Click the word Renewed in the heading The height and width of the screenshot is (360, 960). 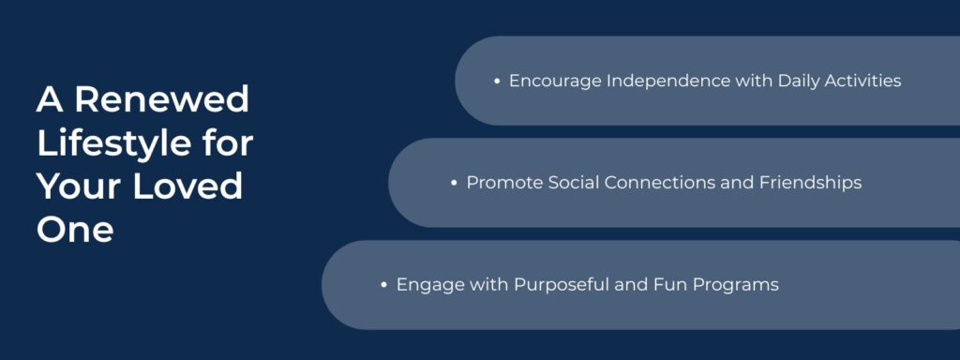[x=162, y=98]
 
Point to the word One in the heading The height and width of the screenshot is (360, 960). [x=75, y=229]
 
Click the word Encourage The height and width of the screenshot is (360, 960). [x=555, y=82]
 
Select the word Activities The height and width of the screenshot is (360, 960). [x=865, y=82]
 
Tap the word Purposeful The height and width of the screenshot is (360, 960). [x=549, y=285]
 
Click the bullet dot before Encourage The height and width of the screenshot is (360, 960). [x=497, y=82]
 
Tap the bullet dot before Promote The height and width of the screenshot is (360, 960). [x=454, y=183]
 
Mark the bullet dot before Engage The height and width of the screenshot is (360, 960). [x=384, y=285]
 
